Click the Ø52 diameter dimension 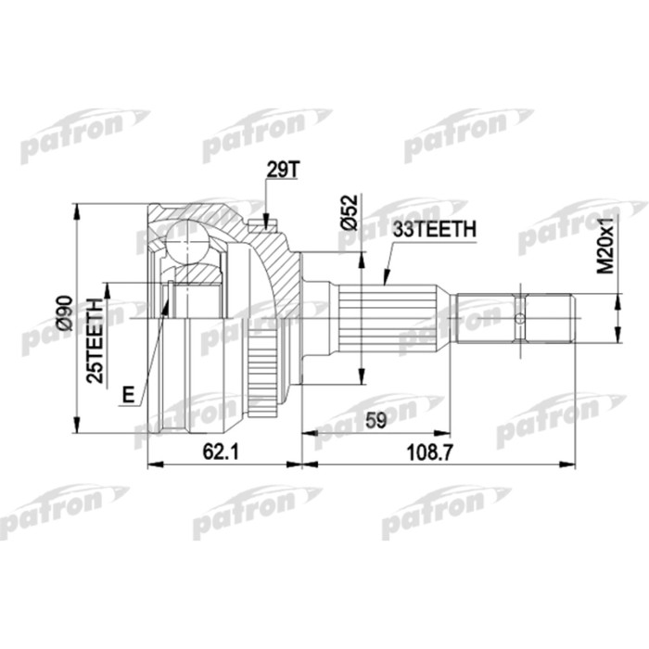(350, 212)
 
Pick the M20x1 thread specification (606, 243)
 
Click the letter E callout (127, 396)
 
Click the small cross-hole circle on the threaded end (520, 320)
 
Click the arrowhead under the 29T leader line (265, 221)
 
